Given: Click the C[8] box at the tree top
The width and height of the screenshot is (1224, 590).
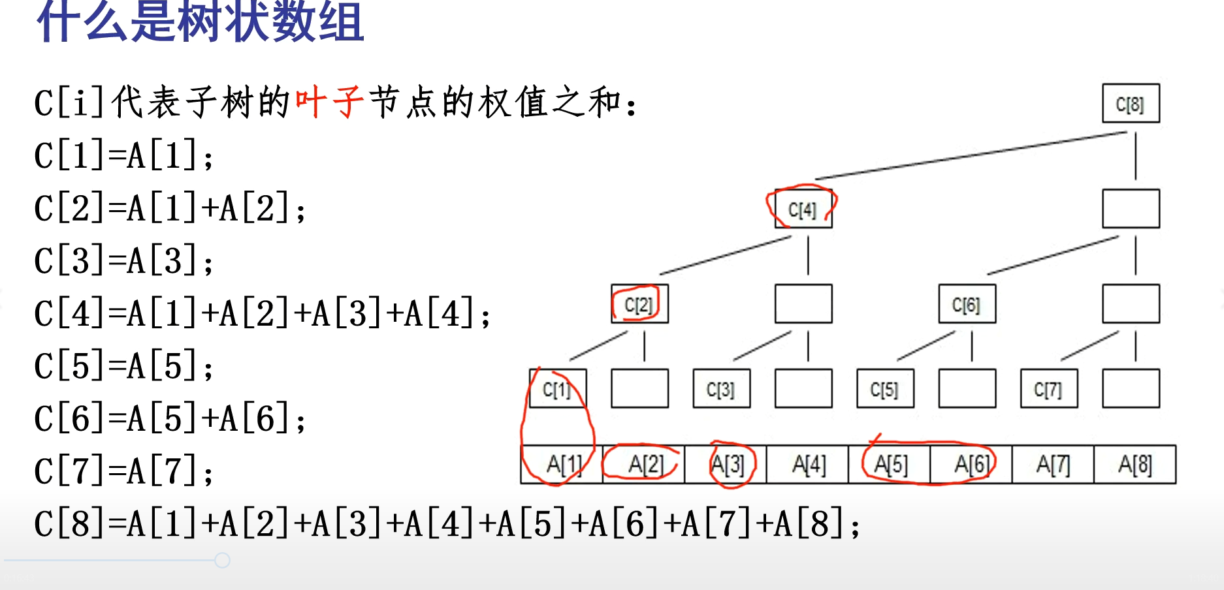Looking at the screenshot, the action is pos(1131,103).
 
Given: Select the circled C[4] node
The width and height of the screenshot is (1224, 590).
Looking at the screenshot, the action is pos(803,209).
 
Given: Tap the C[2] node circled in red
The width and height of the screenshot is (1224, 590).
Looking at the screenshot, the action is pos(639,304).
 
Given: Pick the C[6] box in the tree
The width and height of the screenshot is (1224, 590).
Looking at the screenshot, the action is pos(967,304).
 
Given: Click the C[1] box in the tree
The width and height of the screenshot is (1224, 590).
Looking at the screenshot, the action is pos(557,389).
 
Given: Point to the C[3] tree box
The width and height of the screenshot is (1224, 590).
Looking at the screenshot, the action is pos(721,389).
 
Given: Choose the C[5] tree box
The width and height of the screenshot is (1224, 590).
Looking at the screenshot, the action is pos(885,389).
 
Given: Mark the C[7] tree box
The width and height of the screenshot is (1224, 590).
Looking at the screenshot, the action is pos(1048,389).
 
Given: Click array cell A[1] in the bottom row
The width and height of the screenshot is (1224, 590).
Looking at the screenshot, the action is pos(562,465).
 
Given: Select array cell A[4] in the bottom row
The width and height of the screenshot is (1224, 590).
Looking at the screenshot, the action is pos(808,465).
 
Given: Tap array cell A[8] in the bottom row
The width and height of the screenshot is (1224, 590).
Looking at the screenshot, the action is pos(1135,465).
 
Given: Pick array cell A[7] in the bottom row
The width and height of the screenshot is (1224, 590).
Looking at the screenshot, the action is pos(1053,465).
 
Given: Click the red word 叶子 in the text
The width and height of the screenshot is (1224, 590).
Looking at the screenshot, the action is pos(329,103).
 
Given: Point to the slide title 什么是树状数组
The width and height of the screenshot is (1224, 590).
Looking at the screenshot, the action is pos(200,22).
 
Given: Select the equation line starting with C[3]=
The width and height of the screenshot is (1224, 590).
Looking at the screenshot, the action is pos(124,261).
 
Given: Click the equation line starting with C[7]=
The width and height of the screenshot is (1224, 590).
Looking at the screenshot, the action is pos(124,471).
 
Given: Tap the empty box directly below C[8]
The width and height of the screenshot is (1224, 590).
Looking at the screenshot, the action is pos(1131,209).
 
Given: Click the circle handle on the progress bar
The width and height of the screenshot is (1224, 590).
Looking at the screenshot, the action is pos(222,560).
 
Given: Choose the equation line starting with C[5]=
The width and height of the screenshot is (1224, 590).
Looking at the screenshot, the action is pos(124,366).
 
